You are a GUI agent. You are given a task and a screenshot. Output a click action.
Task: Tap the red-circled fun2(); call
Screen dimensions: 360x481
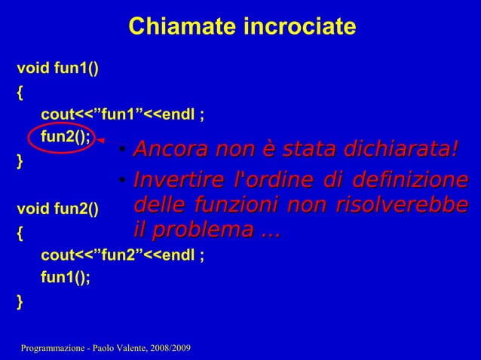pos(66,136)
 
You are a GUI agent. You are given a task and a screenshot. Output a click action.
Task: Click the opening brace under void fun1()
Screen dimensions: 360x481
pos(20,93)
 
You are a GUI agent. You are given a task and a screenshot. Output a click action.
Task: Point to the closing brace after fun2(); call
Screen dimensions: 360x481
pos(20,160)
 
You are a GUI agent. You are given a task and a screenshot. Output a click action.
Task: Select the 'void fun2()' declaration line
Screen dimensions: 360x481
pos(57,209)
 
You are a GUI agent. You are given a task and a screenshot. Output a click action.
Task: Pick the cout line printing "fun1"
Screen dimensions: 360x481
pos(121,114)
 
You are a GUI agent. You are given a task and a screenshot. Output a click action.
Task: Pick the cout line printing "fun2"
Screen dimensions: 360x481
pos(121,255)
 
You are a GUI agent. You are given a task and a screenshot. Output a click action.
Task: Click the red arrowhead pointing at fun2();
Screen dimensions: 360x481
pos(101,141)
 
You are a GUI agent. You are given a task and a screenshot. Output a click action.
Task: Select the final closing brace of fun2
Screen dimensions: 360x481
pos(20,301)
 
